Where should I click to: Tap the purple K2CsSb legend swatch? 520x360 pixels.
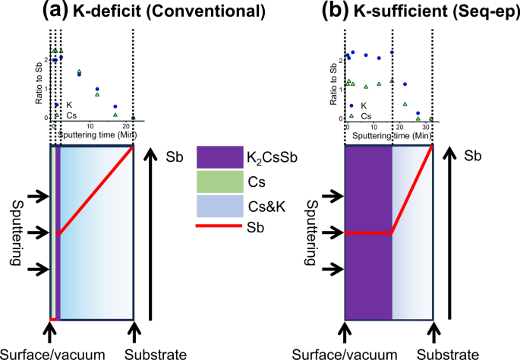tap(219, 157)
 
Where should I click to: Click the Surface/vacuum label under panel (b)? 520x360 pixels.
tap(346, 352)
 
